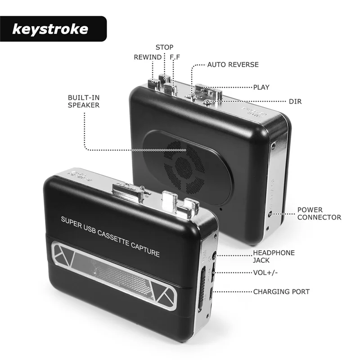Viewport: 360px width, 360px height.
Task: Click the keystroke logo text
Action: coord(50,30)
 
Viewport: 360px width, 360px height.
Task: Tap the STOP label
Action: coord(164,47)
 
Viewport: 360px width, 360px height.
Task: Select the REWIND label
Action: coord(148,57)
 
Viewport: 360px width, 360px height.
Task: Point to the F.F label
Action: coord(175,57)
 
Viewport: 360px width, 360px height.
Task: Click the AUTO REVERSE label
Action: coord(233,65)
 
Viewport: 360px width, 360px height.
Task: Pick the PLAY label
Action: coord(261,87)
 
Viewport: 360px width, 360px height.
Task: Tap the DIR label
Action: coord(296,102)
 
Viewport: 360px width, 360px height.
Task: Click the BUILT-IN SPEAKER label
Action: coord(84,101)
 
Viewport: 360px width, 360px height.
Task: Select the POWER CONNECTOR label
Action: coord(319,214)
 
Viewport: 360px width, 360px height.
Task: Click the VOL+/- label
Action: coord(266,272)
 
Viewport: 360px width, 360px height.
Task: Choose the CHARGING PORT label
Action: coord(281,292)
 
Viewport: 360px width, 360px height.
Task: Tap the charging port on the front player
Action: coord(213,295)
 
